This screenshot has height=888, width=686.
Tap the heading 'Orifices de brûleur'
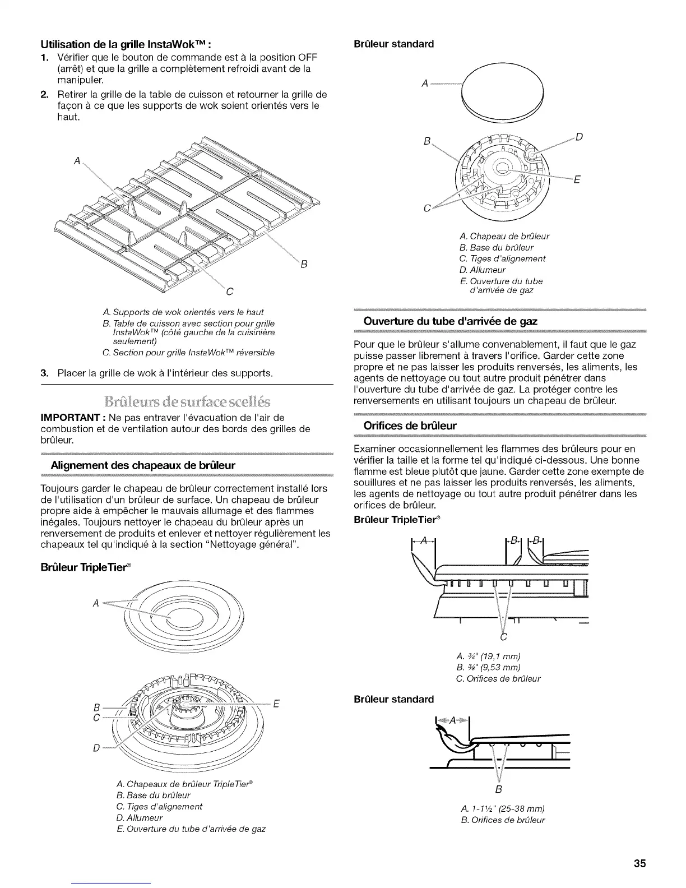(410, 425)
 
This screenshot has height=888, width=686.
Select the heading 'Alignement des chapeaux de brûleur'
(142, 465)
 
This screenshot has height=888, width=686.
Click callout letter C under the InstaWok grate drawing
(229, 292)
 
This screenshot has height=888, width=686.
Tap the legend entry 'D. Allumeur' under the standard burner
(482, 270)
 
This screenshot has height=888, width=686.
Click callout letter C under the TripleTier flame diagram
(503, 637)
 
